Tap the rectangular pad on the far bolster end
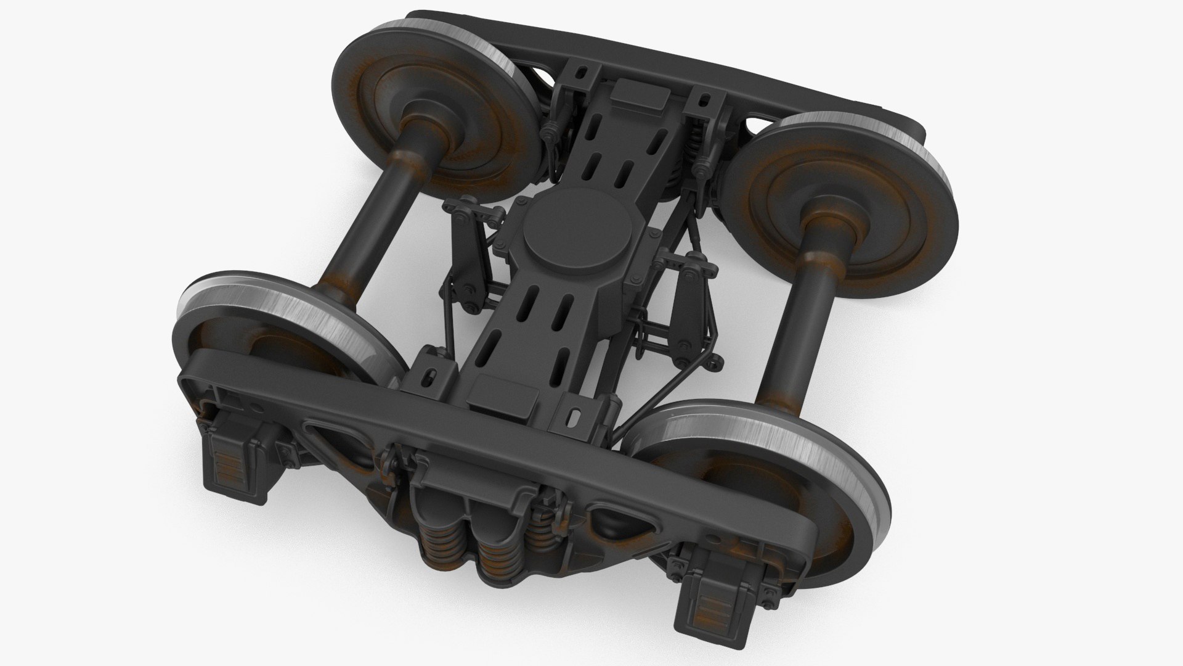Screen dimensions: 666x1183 click(x=640, y=98)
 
